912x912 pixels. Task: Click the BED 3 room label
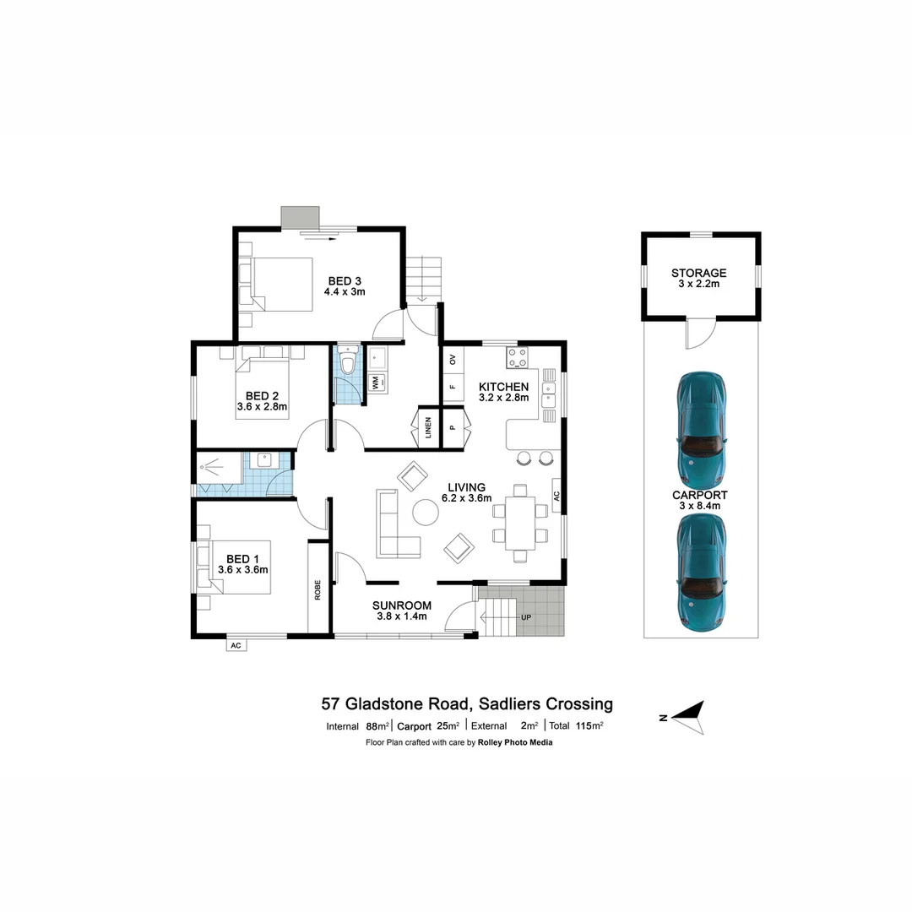(x=344, y=280)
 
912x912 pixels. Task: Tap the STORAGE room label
(x=699, y=273)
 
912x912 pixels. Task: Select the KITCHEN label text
(x=503, y=387)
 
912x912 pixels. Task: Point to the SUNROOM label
(x=402, y=605)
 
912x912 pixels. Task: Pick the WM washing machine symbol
(x=374, y=383)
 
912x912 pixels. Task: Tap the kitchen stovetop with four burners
(x=517, y=358)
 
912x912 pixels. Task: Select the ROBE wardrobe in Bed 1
(x=318, y=589)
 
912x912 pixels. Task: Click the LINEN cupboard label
(x=429, y=428)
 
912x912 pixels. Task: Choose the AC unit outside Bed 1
(x=236, y=645)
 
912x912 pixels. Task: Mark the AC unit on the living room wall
(x=556, y=497)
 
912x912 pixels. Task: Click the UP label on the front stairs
(x=526, y=617)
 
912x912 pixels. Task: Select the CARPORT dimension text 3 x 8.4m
(x=700, y=506)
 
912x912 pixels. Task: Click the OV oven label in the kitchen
(x=453, y=360)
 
